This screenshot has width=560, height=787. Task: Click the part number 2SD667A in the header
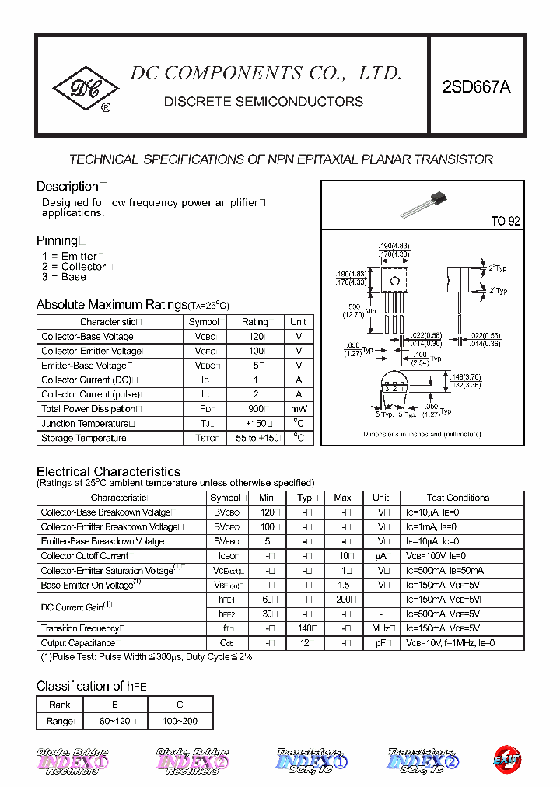[476, 87]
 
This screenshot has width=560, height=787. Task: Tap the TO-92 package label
[505, 222]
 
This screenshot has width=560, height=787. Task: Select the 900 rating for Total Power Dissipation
[254, 409]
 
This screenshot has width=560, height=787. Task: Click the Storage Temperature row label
[83, 439]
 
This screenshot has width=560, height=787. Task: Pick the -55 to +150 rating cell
[255, 439]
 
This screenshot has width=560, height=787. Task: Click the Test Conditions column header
[458, 498]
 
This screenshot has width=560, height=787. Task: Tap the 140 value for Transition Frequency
[306, 628]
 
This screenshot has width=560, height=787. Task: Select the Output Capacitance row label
[78, 643]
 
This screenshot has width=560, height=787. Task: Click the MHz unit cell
[381, 628]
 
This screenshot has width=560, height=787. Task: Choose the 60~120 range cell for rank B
[114, 721]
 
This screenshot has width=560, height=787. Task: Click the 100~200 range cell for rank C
[180, 721]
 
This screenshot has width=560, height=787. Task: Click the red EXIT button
[507, 760]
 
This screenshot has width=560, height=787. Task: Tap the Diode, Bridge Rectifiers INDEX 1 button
[72, 762]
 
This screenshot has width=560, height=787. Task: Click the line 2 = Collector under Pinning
[74, 267]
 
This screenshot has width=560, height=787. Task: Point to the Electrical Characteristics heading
[108, 472]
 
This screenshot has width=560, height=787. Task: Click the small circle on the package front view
[395, 280]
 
